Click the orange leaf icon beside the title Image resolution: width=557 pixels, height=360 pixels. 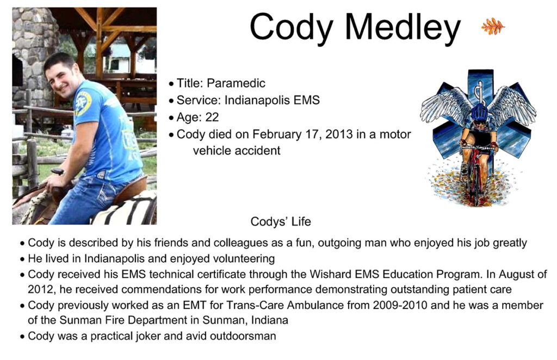(x=493, y=26)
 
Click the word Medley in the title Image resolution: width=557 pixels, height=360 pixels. (x=403, y=28)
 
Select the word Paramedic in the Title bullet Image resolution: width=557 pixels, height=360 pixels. (x=236, y=83)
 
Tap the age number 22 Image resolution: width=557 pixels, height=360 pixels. (x=212, y=117)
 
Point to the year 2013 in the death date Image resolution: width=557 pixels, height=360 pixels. (x=339, y=134)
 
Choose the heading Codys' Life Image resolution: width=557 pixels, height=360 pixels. (x=281, y=221)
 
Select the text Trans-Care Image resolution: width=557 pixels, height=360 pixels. (x=251, y=305)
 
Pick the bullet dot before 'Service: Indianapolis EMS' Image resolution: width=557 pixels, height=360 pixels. (x=171, y=101)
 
